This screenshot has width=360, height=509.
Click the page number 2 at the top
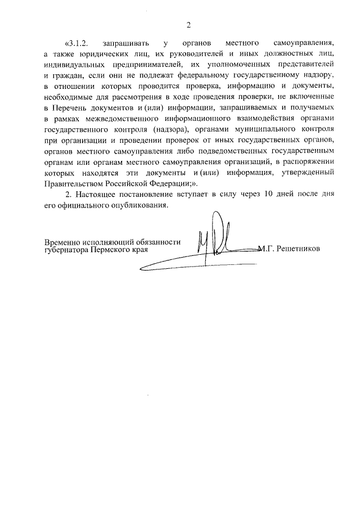coord(188,24)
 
